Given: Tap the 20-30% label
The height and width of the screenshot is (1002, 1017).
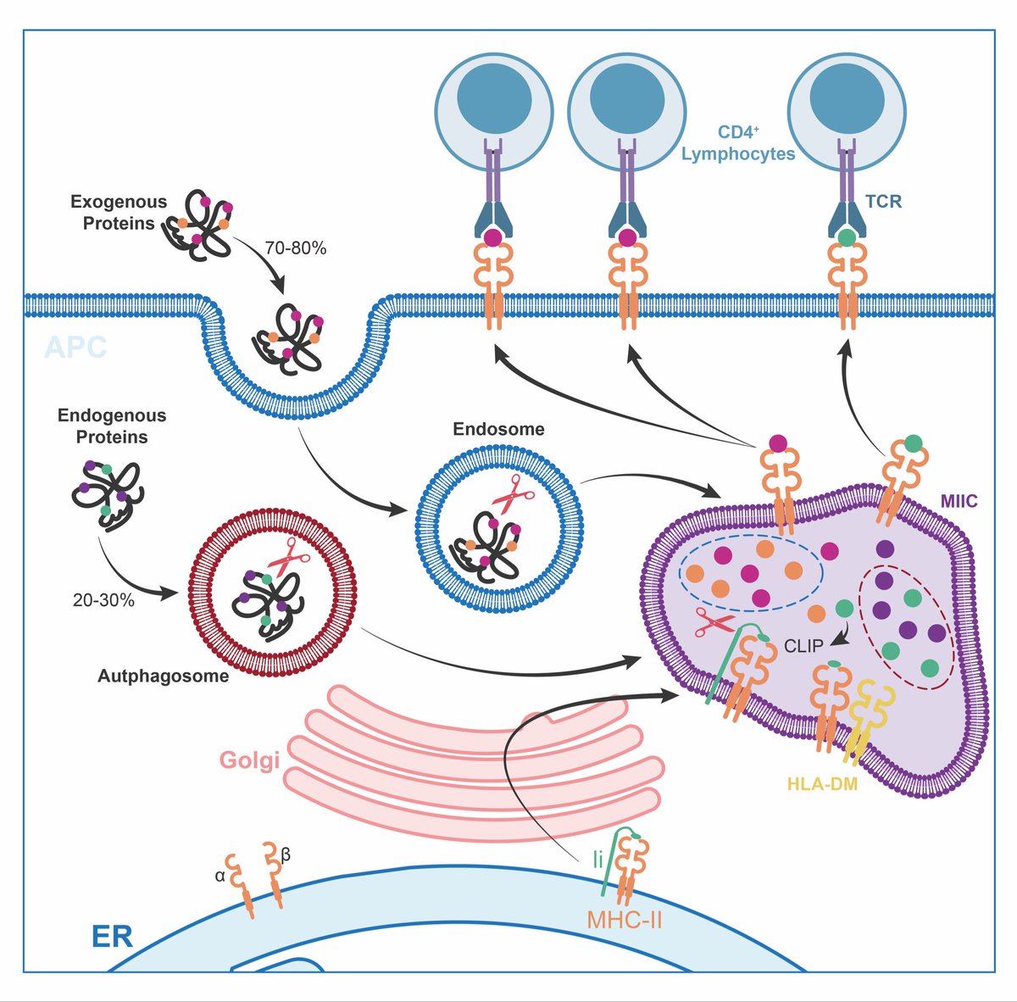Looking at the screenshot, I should (103, 600).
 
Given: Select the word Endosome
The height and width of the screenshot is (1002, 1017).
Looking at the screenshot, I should (498, 429).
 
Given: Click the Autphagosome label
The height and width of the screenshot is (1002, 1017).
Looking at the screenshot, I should (163, 676).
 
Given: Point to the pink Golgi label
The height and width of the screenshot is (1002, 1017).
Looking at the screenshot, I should (249, 760).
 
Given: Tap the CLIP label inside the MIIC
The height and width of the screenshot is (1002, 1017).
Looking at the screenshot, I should (803, 646).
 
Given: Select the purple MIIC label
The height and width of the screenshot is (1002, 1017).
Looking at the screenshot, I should (959, 502).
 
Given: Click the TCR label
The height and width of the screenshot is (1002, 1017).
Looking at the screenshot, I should (883, 202).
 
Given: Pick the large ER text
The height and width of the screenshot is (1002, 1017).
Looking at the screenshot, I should (112, 937).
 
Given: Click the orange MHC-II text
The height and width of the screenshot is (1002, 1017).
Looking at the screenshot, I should (624, 919).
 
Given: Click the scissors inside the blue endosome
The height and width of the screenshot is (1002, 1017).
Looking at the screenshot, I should (507, 494).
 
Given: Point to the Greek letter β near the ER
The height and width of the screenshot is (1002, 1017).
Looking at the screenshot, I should (286, 856).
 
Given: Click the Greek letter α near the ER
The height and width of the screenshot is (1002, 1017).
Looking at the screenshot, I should (220, 877).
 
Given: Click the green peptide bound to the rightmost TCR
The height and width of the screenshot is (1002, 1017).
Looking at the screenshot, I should (847, 239).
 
